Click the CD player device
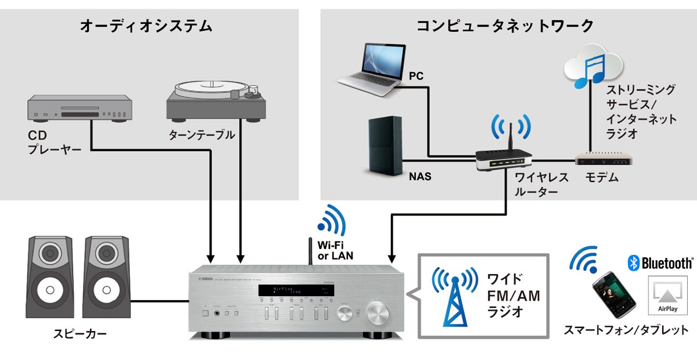[78, 110]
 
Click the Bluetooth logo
[660, 264]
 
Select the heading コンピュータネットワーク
[505, 26]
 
